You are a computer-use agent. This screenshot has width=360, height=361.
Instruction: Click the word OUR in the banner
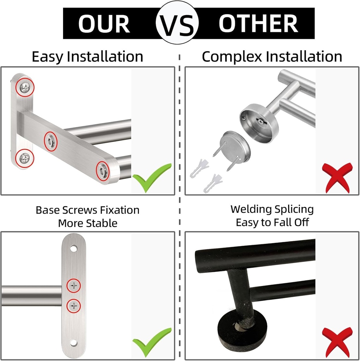(x=104, y=24)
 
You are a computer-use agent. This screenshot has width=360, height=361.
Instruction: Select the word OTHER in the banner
(x=258, y=24)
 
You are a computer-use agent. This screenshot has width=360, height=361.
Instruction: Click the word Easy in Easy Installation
(x=48, y=57)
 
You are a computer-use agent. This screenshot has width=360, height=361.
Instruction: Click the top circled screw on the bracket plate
(x=25, y=87)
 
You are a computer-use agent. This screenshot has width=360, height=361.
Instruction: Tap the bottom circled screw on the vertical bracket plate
(x=24, y=158)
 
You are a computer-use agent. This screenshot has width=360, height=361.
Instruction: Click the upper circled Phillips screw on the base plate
(x=74, y=286)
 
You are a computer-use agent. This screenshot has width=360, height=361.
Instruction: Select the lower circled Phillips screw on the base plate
(x=74, y=305)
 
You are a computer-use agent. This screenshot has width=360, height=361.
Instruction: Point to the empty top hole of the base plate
(x=73, y=249)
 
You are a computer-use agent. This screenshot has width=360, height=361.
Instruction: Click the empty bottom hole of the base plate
(x=73, y=342)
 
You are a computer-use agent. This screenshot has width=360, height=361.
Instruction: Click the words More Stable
(x=87, y=223)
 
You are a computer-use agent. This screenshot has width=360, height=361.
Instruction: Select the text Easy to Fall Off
(x=272, y=222)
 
